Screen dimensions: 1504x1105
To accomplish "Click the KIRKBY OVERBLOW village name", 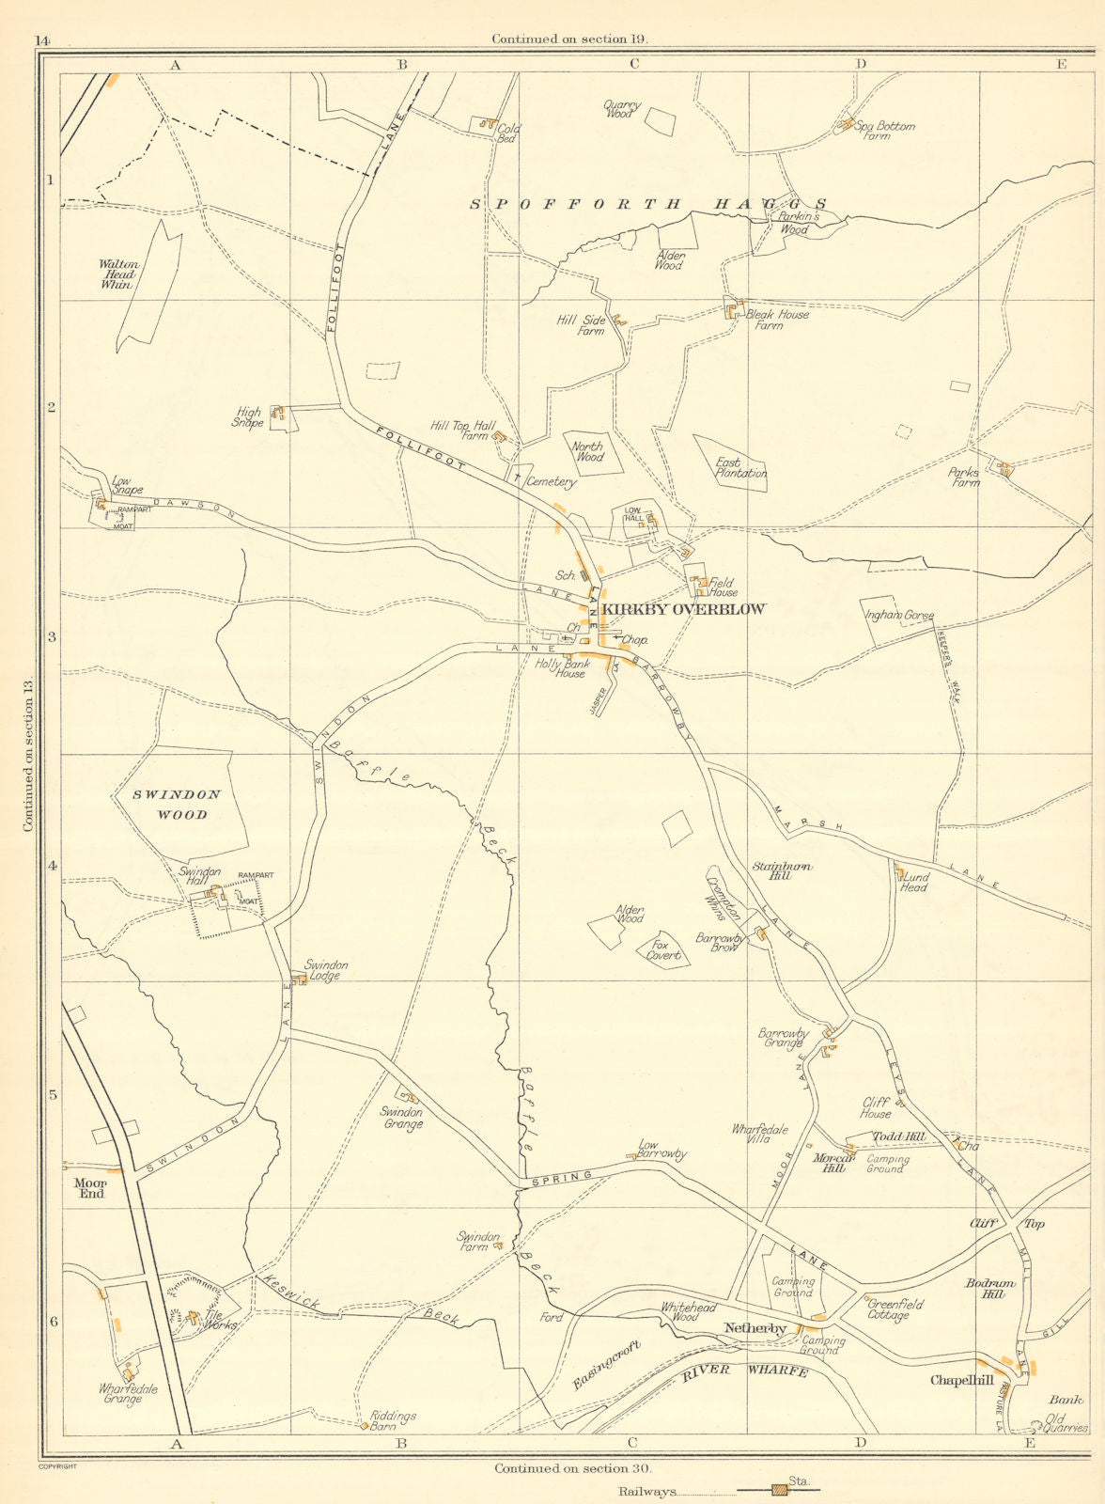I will tap(683, 609).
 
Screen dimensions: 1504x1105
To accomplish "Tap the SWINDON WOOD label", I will tap(176, 805).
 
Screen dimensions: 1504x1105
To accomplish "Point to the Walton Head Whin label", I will tap(118, 274).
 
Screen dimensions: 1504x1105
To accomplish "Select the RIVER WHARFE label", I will tap(745, 1371).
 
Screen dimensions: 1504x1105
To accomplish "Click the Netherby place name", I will tap(755, 1328).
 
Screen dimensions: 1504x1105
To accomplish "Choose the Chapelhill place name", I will tap(961, 1380).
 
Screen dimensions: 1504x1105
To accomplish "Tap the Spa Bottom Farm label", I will tap(884, 131).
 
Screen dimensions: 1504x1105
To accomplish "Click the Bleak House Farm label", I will tap(776, 320).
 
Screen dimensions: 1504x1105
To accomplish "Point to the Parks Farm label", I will tap(964, 478).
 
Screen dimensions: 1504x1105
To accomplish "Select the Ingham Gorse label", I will tap(899, 616).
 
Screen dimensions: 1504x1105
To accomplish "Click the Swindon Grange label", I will tap(401, 1118).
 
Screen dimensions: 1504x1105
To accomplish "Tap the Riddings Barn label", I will tap(393, 1421).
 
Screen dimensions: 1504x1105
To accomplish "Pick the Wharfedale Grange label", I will tap(128, 1394).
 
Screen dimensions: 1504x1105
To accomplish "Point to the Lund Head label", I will tap(914, 881).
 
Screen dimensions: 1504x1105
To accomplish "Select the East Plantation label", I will tap(740, 468).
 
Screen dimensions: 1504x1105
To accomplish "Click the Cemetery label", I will tap(550, 481).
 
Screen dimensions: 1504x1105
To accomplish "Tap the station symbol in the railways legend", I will tap(778, 1490).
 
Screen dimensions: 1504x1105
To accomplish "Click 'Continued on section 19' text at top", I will tap(569, 39).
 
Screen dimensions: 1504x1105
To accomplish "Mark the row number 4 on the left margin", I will tap(53, 866).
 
